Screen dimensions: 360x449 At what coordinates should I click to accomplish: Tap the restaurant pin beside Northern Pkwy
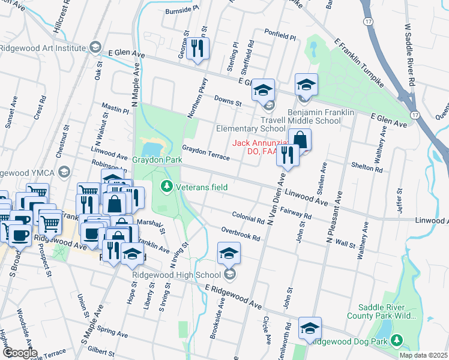click(197, 49)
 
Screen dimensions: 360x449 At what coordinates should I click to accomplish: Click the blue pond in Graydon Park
click(152, 146)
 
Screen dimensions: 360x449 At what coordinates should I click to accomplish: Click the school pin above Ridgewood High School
click(229, 254)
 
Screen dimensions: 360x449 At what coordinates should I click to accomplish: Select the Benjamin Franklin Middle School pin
click(306, 85)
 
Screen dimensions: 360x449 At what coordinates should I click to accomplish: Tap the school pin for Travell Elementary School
click(262, 91)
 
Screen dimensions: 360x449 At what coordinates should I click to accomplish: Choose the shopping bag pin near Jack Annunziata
click(300, 140)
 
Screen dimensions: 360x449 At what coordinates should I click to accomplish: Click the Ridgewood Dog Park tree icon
click(396, 341)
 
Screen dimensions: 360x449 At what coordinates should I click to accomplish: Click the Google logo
click(19, 352)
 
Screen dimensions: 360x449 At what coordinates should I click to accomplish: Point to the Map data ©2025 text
click(423, 355)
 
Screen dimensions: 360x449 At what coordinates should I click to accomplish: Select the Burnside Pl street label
click(181, 10)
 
